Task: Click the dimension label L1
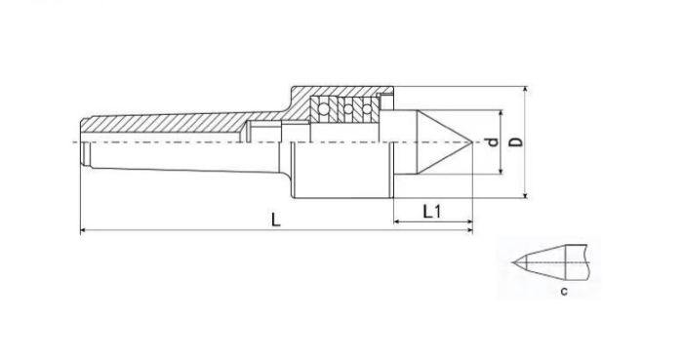coord(432,212)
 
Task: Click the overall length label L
coord(276,220)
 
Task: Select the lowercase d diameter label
coord(493,141)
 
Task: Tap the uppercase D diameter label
coord(516,141)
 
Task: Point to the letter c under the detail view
coord(564,292)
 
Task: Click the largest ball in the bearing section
coord(324,108)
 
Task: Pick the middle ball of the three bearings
coord(347,108)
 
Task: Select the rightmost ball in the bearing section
coord(367,108)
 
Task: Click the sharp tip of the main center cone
coord(472,141)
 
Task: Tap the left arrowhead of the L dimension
coord(84,230)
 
